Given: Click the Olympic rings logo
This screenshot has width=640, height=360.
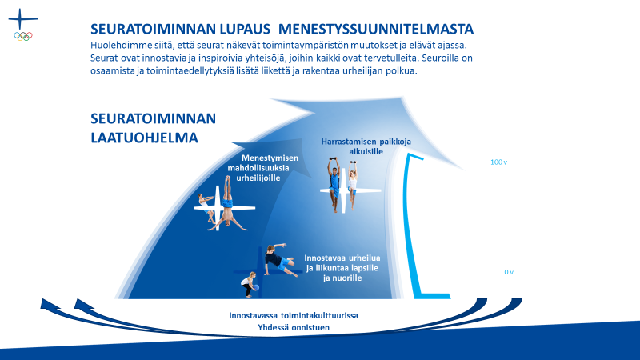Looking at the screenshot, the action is tap(23, 36).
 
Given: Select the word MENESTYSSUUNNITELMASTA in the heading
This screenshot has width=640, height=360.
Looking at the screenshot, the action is tap(375, 29).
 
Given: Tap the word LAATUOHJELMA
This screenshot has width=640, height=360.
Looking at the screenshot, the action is tap(144, 138).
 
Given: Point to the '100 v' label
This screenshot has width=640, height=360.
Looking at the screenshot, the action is tap(498, 162).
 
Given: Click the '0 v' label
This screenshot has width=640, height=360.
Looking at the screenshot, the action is tap(509, 272).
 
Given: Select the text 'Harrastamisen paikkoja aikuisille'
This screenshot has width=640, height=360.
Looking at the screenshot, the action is tap(366, 146).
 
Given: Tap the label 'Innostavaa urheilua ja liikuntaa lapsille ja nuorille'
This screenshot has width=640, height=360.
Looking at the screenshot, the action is tap(342, 268).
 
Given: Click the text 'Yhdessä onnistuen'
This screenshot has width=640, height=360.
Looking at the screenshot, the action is tap(294, 327).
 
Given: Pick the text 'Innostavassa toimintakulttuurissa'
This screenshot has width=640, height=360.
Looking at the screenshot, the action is tap(294, 315).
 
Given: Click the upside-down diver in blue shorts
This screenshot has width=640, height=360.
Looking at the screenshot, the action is tap(227, 203).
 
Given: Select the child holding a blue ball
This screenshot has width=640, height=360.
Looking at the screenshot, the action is tap(249, 285).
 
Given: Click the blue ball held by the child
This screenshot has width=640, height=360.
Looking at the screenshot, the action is tap(256, 287).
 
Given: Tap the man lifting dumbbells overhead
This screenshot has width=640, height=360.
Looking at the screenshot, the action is tap(334, 184).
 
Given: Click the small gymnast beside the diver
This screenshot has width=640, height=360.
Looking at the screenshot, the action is tap(206, 207).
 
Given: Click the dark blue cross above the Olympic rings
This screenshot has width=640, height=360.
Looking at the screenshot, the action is tap(23, 18).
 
